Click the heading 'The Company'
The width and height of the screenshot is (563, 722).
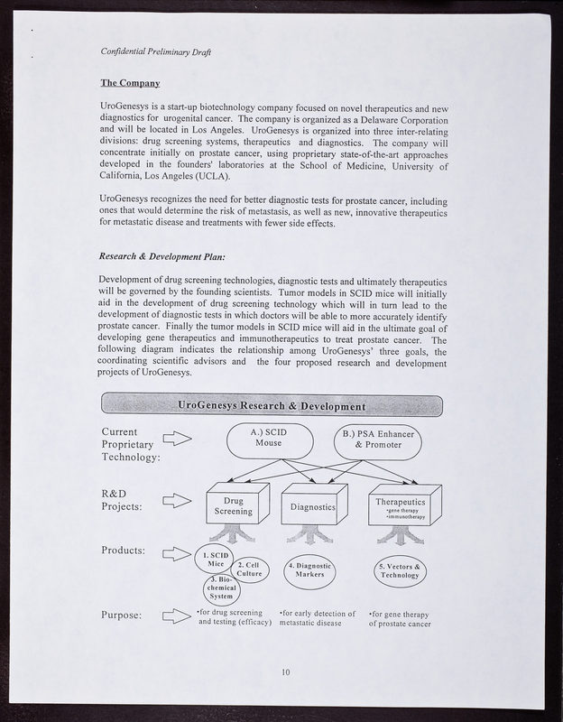point(130,84)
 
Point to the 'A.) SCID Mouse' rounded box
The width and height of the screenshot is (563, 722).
point(269,440)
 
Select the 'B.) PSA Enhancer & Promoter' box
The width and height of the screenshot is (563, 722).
point(377,440)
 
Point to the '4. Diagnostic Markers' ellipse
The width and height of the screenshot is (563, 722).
point(309,570)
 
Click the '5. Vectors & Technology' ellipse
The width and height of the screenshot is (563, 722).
point(399,570)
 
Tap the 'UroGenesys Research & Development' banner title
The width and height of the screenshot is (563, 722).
point(272,405)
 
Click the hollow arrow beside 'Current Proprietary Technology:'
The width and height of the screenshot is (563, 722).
point(177,439)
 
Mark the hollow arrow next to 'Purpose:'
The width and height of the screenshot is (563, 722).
point(177,616)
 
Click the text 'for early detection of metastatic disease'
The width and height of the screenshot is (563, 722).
point(317,619)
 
